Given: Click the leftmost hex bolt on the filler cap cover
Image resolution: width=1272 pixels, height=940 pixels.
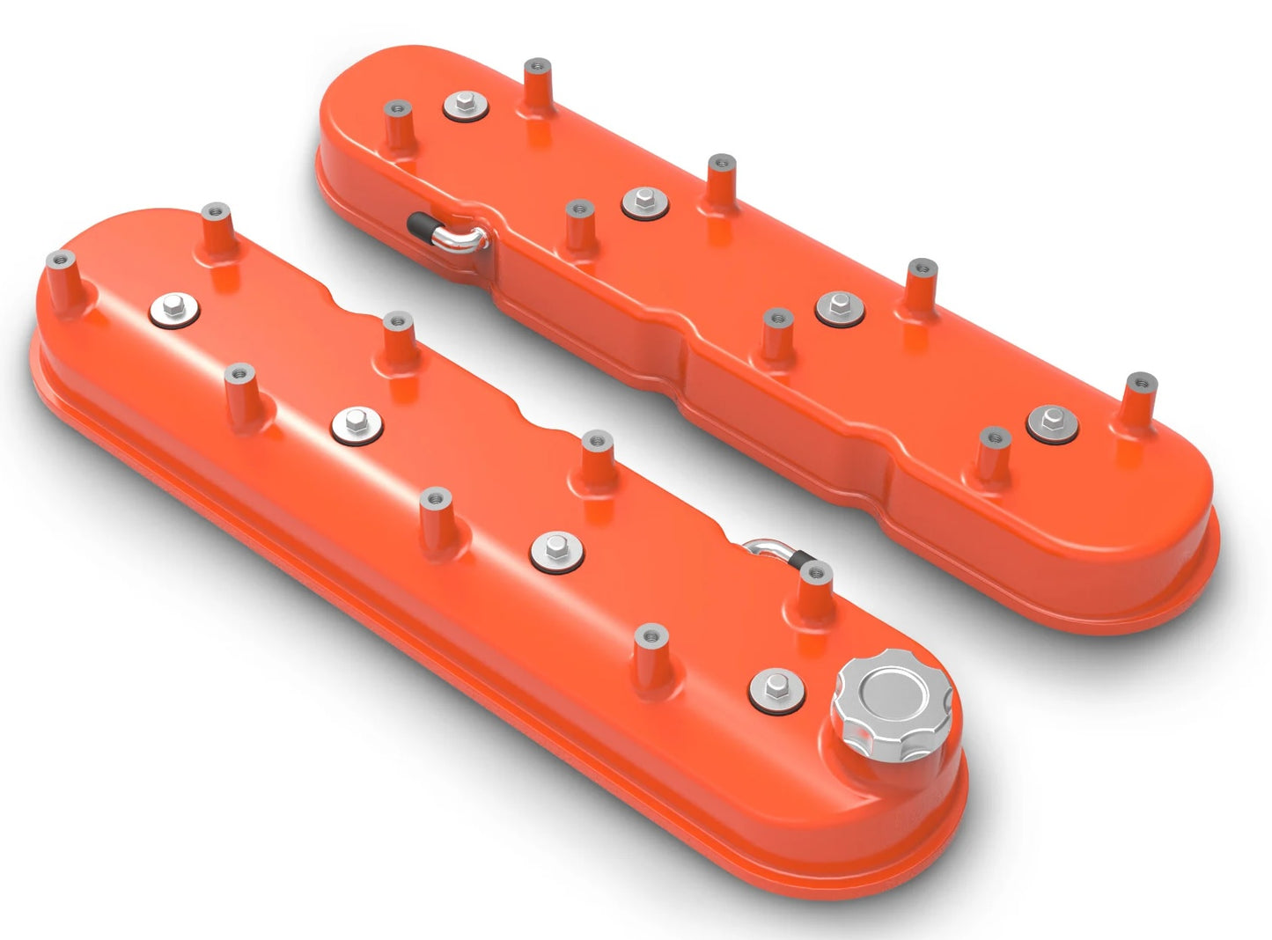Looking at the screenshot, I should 173,308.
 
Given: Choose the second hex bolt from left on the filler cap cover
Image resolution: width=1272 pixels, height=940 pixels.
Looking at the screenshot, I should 357,425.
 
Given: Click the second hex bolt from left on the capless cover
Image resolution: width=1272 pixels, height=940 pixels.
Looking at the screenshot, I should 644,202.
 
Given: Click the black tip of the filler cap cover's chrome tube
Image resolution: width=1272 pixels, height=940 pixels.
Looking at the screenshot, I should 799,559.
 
